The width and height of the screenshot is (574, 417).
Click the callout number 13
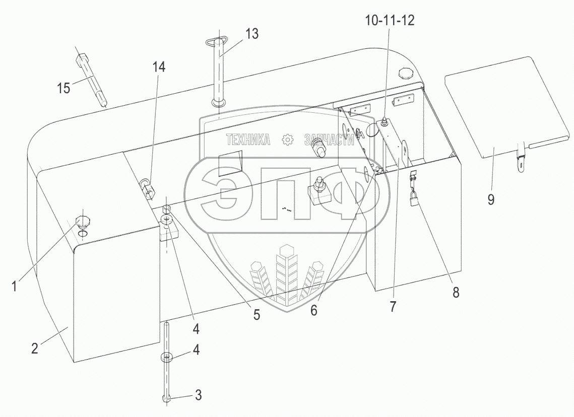(251, 34)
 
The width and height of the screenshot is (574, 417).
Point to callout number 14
(159, 67)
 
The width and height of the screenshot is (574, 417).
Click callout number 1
(14, 286)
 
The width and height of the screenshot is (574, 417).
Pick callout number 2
(34, 348)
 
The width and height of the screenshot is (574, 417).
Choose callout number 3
(198, 395)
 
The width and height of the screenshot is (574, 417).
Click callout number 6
(314, 310)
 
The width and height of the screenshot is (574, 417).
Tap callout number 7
(393, 306)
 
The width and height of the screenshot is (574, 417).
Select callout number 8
(456, 292)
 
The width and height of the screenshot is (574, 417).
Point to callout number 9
(491, 199)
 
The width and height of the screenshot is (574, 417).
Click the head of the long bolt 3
(167, 399)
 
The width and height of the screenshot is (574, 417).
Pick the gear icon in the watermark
(288, 140)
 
